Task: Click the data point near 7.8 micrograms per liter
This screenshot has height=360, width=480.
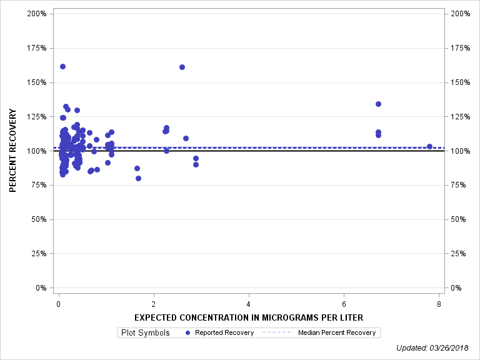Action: point(429,146)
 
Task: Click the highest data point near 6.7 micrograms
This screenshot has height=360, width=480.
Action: point(378,104)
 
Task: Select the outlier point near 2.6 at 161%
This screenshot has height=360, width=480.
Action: point(182,67)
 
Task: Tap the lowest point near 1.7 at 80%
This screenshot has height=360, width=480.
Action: point(138,178)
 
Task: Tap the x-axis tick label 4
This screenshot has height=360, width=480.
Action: point(249,304)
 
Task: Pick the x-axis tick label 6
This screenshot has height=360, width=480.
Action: point(344,304)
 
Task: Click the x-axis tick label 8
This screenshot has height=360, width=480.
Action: point(439,304)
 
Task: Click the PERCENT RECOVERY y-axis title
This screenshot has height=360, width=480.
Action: point(13,151)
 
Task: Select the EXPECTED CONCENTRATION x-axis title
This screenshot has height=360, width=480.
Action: point(249,317)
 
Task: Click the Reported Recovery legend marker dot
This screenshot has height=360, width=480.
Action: point(188,332)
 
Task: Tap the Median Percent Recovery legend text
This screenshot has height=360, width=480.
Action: point(337,332)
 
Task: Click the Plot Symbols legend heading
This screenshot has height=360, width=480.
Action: point(146,332)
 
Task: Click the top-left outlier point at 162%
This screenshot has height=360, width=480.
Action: point(62,66)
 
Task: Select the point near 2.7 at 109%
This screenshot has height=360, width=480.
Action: point(186,138)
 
